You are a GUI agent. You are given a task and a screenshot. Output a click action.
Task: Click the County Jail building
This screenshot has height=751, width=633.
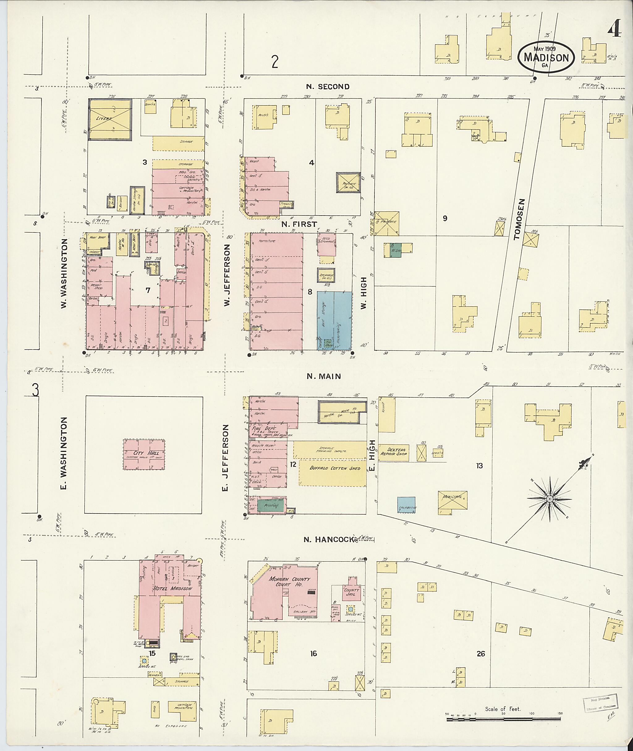(x=351, y=591)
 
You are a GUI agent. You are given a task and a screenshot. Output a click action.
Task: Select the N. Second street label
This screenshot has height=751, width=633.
(x=328, y=87)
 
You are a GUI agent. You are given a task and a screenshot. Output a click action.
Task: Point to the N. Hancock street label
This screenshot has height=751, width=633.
(x=329, y=539)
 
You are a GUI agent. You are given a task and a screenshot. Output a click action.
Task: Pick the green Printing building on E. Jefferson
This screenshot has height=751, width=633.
(x=271, y=506)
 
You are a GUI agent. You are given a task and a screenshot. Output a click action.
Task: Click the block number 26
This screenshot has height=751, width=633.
(x=481, y=653)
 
